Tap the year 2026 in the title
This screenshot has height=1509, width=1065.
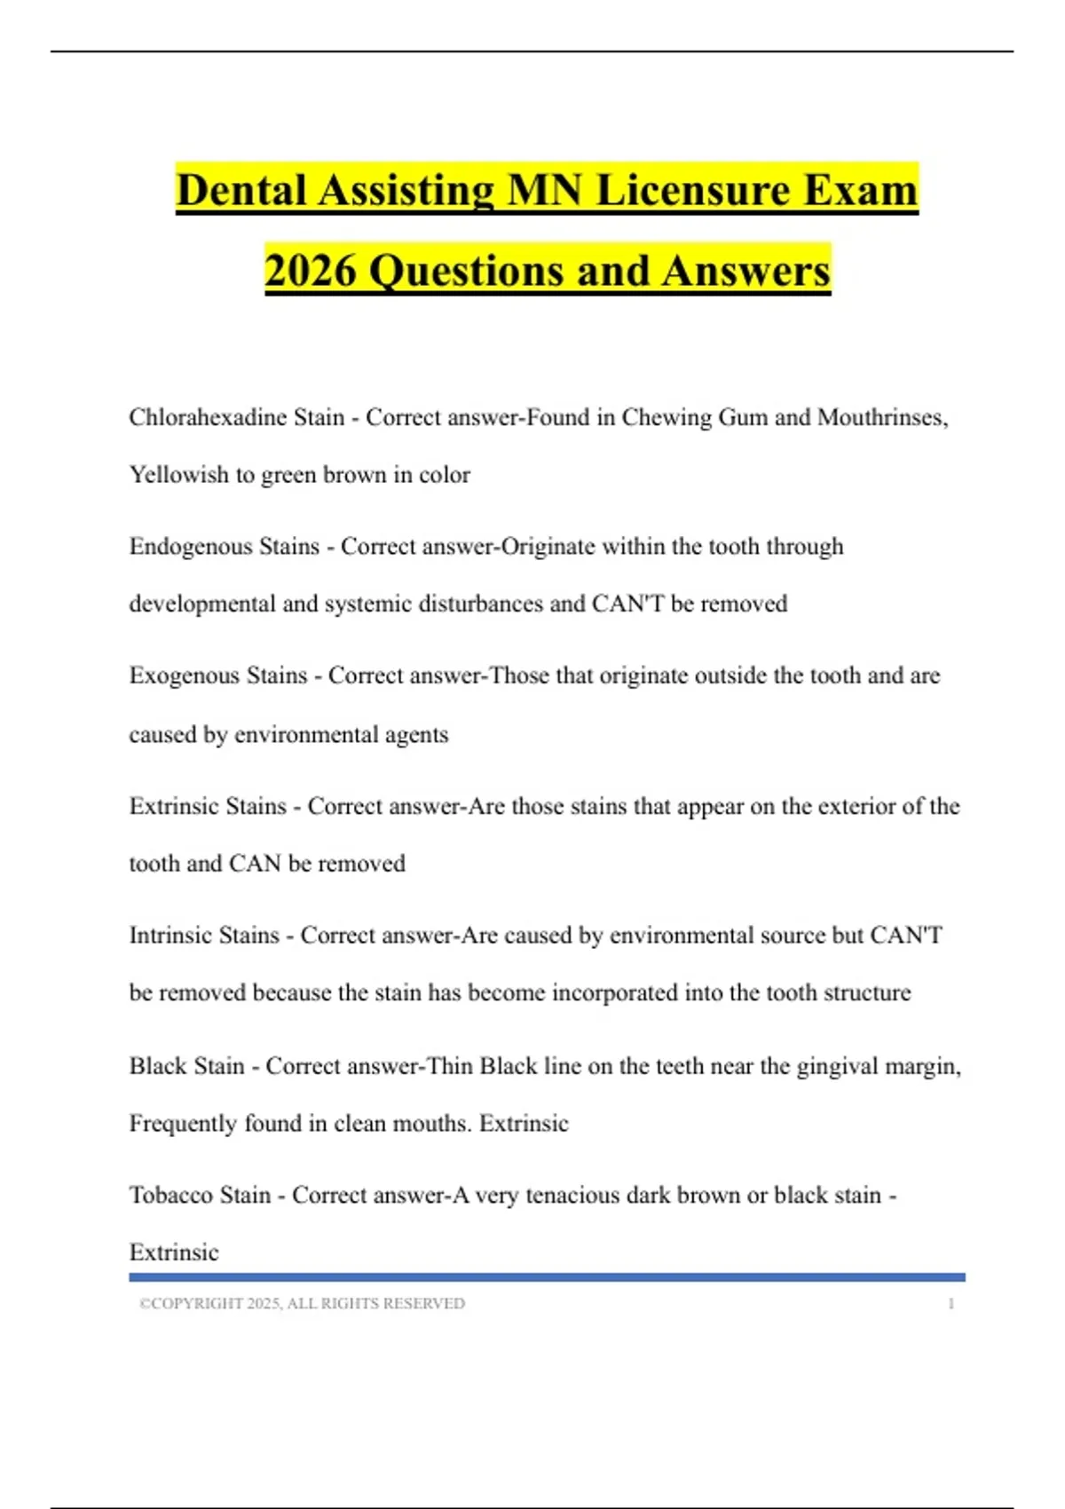click(x=310, y=271)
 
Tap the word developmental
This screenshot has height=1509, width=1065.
click(x=202, y=604)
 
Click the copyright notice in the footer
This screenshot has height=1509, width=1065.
click(x=302, y=1303)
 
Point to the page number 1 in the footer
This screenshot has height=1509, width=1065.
click(x=951, y=1303)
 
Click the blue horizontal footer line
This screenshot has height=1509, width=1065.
click(x=547, y=1277)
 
